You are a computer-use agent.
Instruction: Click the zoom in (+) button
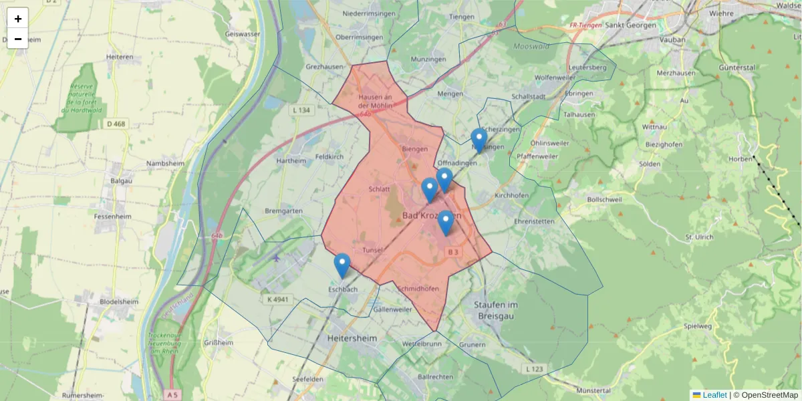click(18, 19)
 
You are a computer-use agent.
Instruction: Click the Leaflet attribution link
click(714, 395)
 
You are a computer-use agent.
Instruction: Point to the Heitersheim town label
click(352, 339)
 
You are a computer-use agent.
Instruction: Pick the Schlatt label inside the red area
click(379, 189)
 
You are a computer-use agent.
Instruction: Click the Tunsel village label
click(372, 250)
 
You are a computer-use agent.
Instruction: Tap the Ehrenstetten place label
click(535, 221)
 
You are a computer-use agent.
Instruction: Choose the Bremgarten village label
click(284, 211)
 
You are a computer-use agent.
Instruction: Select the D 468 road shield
click(116, 124)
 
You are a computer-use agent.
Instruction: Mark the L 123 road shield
click(535, 369)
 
